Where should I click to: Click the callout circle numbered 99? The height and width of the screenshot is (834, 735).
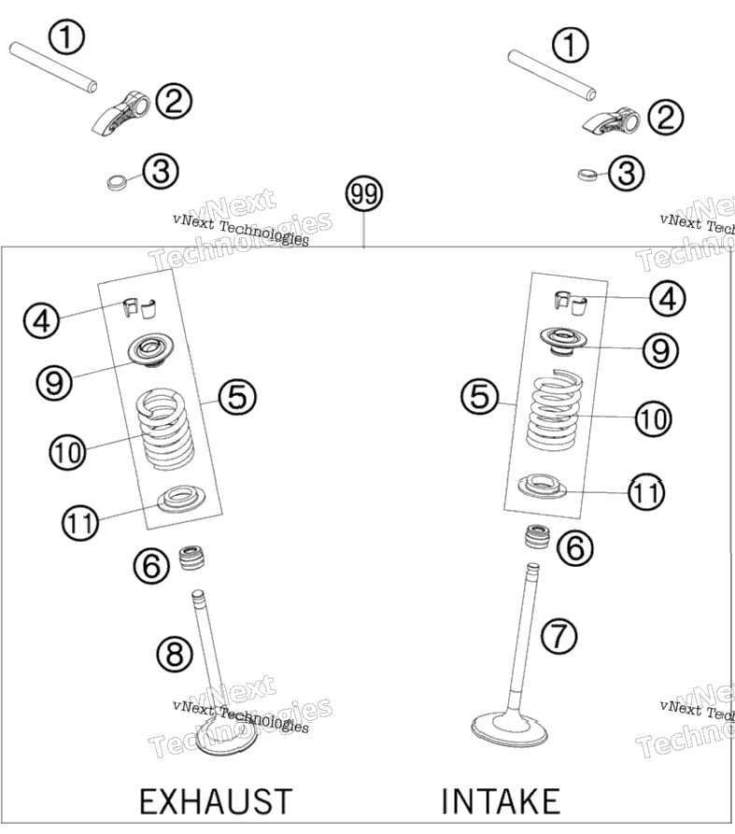[364, 193]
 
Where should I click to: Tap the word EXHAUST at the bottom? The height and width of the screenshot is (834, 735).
[216, 801]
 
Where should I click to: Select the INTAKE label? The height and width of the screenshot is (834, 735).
[501, 801]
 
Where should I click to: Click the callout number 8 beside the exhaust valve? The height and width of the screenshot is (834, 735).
[175, 654]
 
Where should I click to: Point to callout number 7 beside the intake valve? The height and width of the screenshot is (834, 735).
[559, 635]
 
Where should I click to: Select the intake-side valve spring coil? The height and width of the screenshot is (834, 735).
[553, 409]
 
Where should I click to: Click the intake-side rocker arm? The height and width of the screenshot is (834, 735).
[611, 120]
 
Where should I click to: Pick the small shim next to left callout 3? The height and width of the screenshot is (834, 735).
[118, 181]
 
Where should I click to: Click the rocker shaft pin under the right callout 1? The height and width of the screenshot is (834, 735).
[552, 75]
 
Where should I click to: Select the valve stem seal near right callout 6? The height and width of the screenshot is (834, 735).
[537, 537]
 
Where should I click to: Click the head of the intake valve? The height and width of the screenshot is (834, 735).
[510, 729]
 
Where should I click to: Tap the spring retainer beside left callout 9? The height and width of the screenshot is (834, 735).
[151, 350]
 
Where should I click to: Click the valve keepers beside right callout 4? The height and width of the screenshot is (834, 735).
[571, 302]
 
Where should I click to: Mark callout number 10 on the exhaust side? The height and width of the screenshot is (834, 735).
[67, 453]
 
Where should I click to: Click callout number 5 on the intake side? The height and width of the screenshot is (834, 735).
[479, 396]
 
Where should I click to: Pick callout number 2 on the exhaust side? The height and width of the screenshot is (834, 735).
[174, 101]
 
